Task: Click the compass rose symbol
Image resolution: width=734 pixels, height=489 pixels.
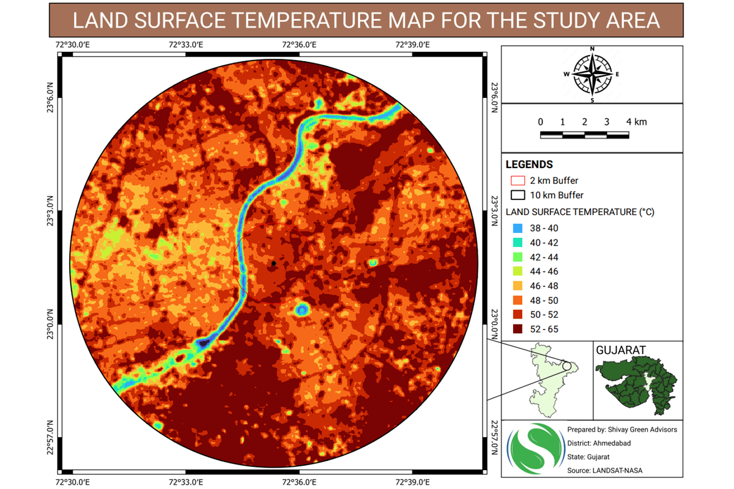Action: coord(591,74)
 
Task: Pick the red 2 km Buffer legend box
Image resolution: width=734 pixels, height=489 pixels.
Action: coord(517,181)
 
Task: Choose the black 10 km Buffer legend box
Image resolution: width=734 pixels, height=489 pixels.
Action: coord(517,196)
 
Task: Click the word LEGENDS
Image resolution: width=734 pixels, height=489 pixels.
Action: coord(529,164)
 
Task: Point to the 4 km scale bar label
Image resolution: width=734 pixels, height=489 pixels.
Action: coord(636,122)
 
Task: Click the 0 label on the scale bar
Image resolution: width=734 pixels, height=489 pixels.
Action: coord(541,122)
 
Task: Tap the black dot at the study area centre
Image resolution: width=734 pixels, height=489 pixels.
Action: coord(274,263)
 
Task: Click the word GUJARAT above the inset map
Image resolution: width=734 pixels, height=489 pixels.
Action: coord(621,350)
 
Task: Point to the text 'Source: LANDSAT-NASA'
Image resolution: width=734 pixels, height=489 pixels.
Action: coord(605,470)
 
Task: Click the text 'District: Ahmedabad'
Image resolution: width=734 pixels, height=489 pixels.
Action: coord(599,443)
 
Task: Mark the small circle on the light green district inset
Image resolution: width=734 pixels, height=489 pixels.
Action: coord(566,366)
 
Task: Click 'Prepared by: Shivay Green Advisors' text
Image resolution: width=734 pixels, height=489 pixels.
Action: coord(622,430)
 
